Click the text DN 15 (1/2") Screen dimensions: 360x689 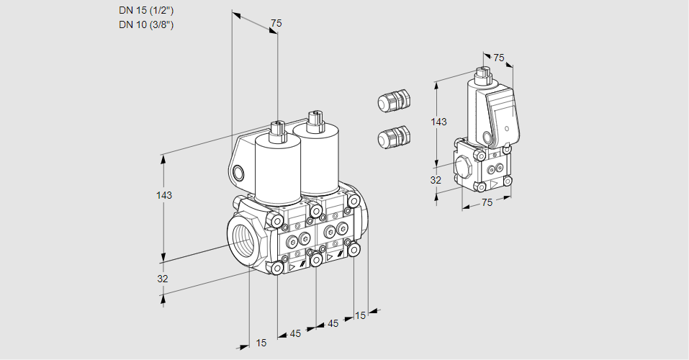click(x=146, y=11)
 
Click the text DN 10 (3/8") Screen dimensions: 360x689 click(x=146, y=25)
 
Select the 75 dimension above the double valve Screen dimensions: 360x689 click(x=276, y=24)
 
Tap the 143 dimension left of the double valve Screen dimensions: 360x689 click(x=164, y=195)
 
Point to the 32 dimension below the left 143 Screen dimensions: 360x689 click(x=163, y=279)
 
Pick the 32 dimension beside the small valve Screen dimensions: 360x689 click(x=436, y=180)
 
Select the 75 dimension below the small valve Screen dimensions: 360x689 click(x=487, y=203)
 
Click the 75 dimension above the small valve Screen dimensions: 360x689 click(x=498, y=58)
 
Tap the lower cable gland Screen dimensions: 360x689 click(x=394, y=137)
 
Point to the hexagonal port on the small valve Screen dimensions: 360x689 click(x=464, y=167)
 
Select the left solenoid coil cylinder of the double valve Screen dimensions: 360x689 click(x=277, y=169)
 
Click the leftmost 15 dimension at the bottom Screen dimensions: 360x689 click(x=261, y=343)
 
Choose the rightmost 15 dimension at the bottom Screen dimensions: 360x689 click(x=361, y=315)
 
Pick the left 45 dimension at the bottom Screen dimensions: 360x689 click(x=295, y=333)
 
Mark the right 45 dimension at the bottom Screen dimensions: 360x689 click(x=333, y=323)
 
